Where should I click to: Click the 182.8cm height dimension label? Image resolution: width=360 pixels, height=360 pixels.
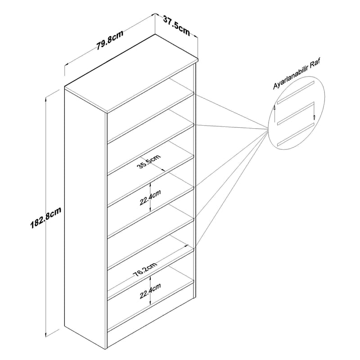pyautogui.click(x=46, y=218)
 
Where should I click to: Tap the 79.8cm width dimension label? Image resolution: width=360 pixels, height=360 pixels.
pyautogui.click(x=109, y=40)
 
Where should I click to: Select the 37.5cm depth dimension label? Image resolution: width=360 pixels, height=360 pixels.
pyautogui.click(x=176, y=25)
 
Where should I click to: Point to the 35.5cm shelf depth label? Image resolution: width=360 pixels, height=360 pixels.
pyautogui.click(x=149, y=162)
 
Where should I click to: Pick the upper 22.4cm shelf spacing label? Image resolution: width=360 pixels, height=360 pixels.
pyautogui.click(x=150, y=198)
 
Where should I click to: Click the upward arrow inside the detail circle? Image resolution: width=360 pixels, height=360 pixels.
pyautogui.click(x=274, y=114)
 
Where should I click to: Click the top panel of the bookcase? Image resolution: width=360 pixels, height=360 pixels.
pyautogui.click(x=131, y=73)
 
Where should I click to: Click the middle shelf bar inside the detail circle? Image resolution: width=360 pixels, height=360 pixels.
pyautogui.click(x=296, y=113)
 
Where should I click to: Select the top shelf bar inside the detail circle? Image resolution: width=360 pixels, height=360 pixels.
pyautogui.click(x=296, y=92)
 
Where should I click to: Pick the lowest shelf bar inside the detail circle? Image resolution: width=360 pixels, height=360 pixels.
pyautogui.click(x=296, y=134)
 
